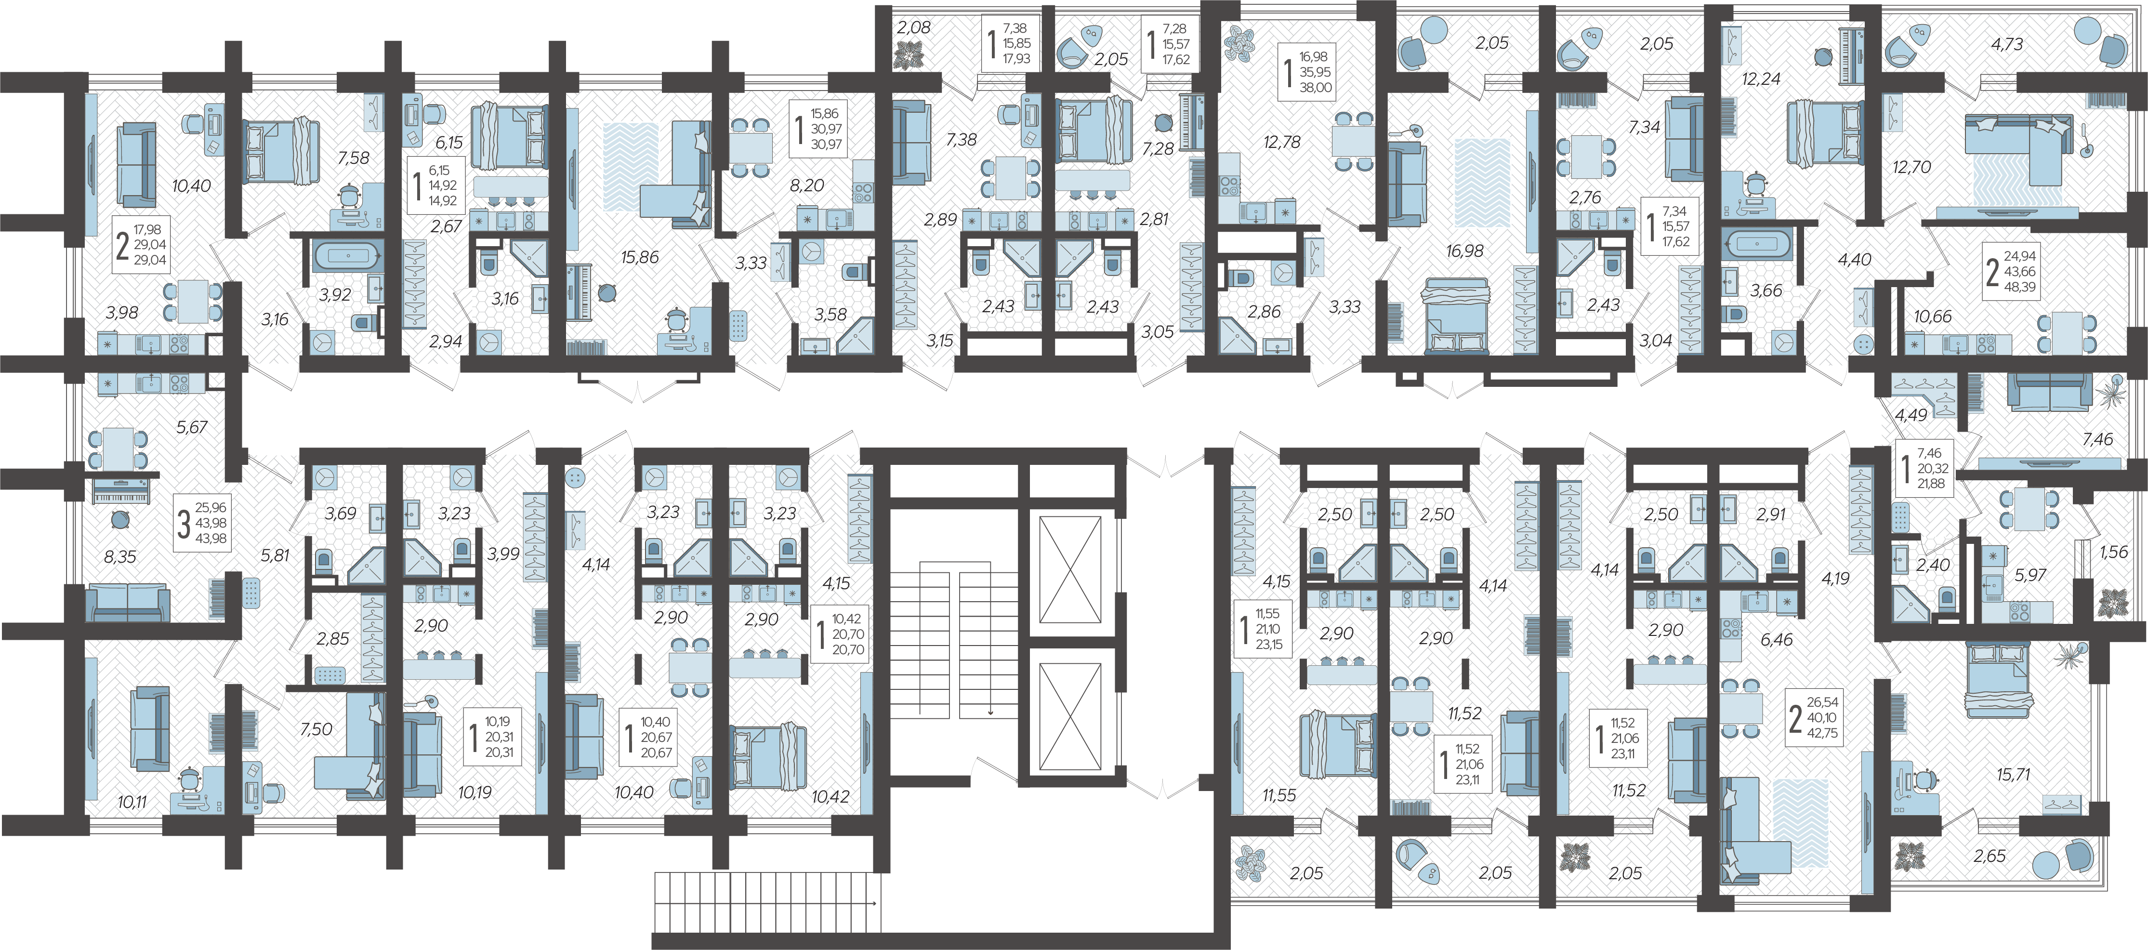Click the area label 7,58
point(354,158)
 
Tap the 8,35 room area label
point(120,556)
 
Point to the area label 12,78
point(1282,143)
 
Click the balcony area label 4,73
point(2007,44)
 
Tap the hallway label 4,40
point(1855,259)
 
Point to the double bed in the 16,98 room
point(1456,317)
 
